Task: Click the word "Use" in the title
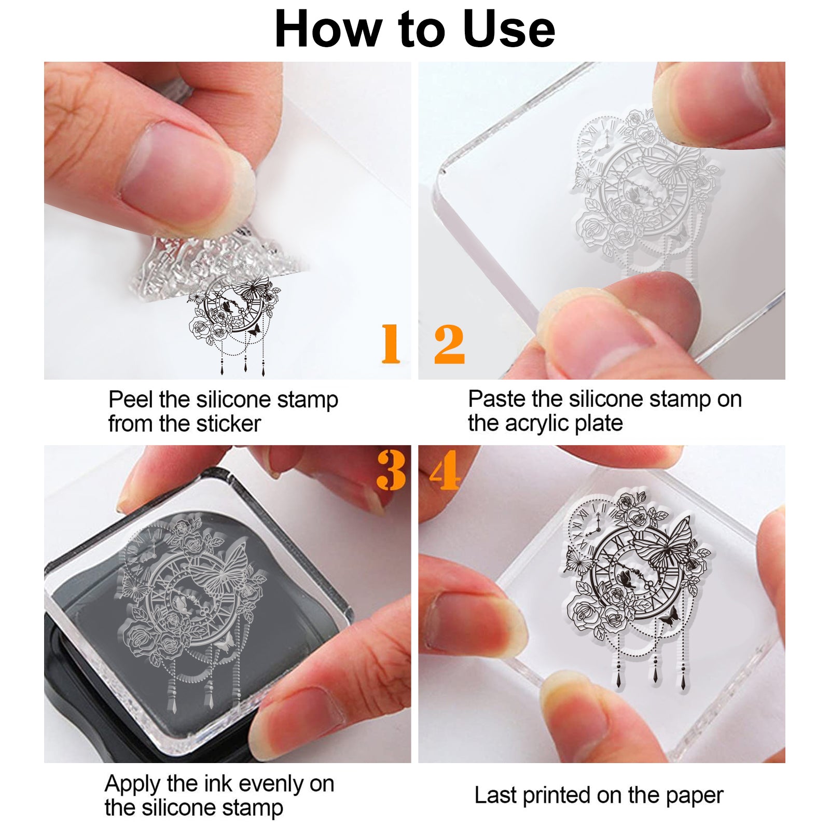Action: [508, 29]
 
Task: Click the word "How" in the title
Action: [328, 29]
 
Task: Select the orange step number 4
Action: [445, 470]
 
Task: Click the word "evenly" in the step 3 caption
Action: [271, 785]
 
